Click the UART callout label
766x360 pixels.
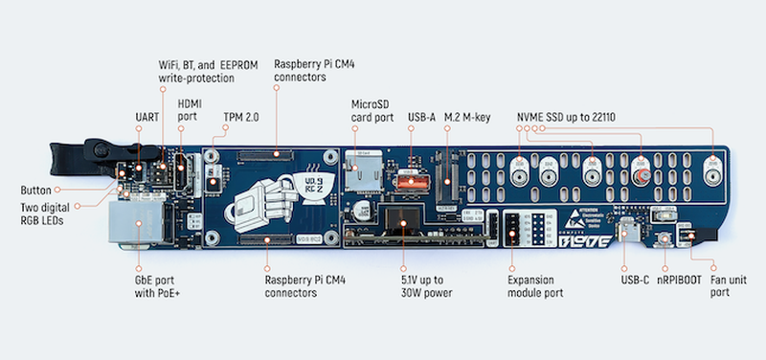pyautogui.click(x=147, y=117)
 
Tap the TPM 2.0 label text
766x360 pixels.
pyautogui.click(x=241, y=117)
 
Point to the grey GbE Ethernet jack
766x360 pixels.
pyautogui.click(x=135, y=222)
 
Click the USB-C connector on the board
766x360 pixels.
pyautogui.click(x=624, y=232)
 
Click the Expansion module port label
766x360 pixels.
pyautogui.click(x=535, y=286)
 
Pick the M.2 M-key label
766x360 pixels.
pyautogui.click(x=466, y=117)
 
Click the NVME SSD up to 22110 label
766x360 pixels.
pyautogui.click(x=566, y=117)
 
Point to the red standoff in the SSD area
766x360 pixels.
pyautogui.click(x=644, y=175)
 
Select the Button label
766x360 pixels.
pyautogui.click(x=35, y=190)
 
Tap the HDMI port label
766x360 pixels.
pyautogui.click(x=190, y=110)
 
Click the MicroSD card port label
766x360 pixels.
pyautogui.click(x=372, y=111)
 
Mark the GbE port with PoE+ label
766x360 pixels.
pyautogui.click(x=154, y=286)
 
